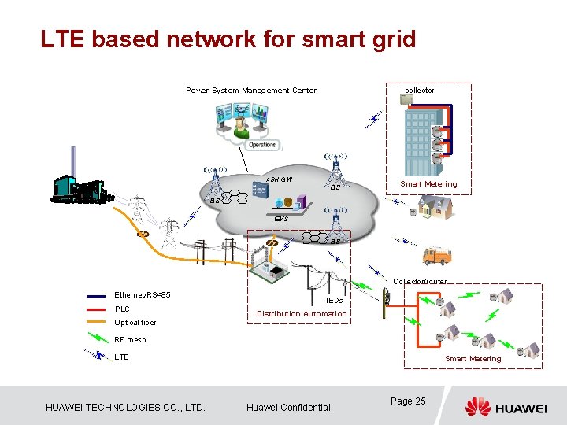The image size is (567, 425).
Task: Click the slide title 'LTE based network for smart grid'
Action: click(228, 39)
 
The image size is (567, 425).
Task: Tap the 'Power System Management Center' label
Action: click(250, 91)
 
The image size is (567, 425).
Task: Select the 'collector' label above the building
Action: click(420, 91)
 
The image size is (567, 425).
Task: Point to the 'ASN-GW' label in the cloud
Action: click(279, 179)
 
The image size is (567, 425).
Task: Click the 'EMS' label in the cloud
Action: click(281, 218)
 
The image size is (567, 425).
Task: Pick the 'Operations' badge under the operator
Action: click(262, 145)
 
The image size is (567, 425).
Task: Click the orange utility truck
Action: click(436, 255)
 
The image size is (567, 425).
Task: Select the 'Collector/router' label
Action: click(420, 281)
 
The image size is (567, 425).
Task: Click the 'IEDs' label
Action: click(334, 300)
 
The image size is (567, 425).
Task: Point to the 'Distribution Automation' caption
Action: click(302, 314)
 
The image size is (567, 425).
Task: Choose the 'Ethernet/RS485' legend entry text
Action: click(143, 295)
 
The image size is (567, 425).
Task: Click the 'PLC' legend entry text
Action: click(122, 309)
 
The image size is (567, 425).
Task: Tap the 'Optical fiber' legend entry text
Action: click(135, 323)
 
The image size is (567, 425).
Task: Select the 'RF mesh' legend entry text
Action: click(130, 340)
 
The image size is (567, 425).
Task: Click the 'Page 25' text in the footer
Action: click(408, 401)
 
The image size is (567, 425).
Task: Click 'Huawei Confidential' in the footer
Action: click(288, 407)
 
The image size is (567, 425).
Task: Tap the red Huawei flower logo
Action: click(477, 406)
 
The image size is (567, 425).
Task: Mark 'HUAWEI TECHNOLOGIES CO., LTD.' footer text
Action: click(125, 407)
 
